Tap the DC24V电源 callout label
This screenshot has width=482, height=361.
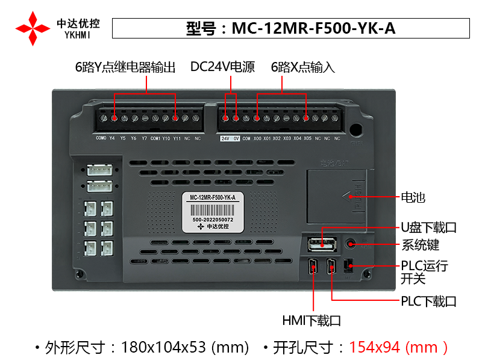click(222, 67)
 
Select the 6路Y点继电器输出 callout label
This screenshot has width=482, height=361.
click(125, 67)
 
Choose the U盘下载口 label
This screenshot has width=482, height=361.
click(428, 227)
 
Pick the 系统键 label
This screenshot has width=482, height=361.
click(420, 245)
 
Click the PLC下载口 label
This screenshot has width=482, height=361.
click(428, 301)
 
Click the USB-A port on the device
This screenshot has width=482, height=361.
click(322, 244)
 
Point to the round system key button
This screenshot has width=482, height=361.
click(351, 244)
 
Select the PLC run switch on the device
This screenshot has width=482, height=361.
click(347, 266)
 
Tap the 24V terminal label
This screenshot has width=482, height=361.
click(225, 138)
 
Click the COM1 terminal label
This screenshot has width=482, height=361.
click(155, 138)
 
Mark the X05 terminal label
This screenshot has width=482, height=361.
click(307, 138)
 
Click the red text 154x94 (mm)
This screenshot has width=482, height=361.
click(398, 347)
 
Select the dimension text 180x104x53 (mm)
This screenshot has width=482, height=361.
click(185, 347)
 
